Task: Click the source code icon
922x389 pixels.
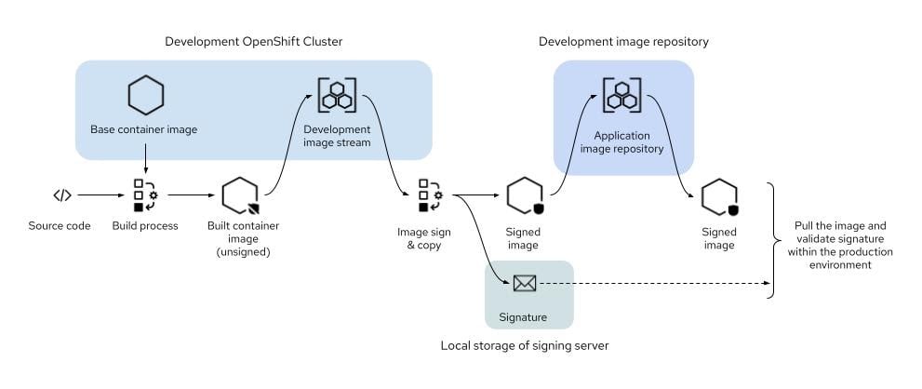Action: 61,195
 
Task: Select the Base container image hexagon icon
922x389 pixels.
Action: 144,95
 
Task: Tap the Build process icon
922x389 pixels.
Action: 144,195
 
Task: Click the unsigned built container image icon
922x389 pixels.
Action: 240,196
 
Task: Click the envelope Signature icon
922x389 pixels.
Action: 525,284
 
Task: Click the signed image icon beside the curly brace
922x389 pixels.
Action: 719,197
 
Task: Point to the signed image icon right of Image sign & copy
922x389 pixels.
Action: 525,196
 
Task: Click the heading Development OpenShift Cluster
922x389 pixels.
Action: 253,42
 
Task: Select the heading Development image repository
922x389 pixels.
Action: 623,42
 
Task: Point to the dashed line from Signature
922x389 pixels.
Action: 651,284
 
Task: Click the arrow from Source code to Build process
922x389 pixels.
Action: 100,195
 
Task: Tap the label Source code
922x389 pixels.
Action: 60,226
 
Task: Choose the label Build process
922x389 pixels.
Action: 144,226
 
